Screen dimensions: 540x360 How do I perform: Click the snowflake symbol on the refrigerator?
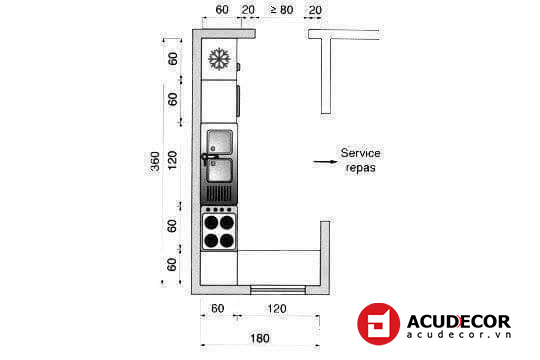[219, 59]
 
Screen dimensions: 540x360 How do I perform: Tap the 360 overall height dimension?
[155, 161]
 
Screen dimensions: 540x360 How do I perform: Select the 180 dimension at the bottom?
[260, 338]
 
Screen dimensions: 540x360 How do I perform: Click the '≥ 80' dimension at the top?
[282, 10]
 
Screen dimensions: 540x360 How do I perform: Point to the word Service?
[360, 153]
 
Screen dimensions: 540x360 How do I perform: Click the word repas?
[360, 168]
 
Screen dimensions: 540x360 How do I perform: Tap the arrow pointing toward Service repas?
[325, 161]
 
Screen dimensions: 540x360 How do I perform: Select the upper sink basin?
[220, 142]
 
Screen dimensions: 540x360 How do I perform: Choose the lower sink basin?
[220, 170]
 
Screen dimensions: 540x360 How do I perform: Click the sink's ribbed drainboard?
[219, 194]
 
